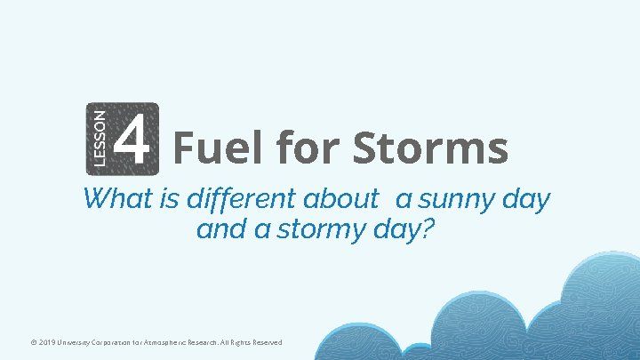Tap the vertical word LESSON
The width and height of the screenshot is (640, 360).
tap(100, 137)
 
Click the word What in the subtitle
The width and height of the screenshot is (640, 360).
tap(116, 199)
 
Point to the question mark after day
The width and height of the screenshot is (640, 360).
tap(429, 229)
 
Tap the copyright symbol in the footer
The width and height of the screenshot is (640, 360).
tap(33, 343)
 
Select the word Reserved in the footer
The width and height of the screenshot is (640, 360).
tap(264, 343)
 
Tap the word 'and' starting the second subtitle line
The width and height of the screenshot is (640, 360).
tap(213, 230)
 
